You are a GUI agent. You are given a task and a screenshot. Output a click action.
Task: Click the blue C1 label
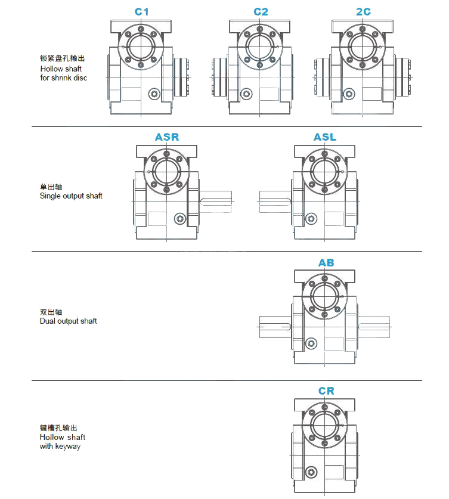click(141, 12)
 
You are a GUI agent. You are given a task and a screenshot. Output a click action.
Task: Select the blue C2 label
click(261, 12)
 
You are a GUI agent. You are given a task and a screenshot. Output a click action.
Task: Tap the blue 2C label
click(363, 12)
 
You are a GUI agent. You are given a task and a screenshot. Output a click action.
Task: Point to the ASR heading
click(167, 137)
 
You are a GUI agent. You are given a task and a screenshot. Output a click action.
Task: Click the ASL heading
click(325, 137)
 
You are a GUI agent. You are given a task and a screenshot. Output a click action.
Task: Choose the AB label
click(326, 262)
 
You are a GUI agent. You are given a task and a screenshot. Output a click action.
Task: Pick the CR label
click(326, 391)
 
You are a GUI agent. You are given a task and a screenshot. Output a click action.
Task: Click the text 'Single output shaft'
click(71, 196)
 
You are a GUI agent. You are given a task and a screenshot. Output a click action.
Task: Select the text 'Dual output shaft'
click(69, 321)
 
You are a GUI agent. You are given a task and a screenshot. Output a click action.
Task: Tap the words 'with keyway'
click(60, 446)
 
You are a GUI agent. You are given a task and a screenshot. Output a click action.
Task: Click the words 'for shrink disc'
click(64, 78)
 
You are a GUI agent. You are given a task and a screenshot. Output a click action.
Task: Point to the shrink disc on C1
click(181, 77)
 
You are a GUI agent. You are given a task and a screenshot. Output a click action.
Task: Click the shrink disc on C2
click(219, 77)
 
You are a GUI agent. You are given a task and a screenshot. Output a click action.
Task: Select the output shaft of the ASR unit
click(216, 202)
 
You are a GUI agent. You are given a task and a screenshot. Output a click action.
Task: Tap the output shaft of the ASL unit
click(275, 202)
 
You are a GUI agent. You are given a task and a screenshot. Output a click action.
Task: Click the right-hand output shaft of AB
click(374, 327)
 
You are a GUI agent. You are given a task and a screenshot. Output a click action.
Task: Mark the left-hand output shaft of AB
click(275, 327)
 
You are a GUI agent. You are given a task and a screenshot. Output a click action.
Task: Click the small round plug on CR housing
click(311, 472)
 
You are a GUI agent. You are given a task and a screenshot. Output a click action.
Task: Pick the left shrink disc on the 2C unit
click(322, 77)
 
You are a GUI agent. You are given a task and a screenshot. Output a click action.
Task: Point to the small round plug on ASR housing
click(180, 219)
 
